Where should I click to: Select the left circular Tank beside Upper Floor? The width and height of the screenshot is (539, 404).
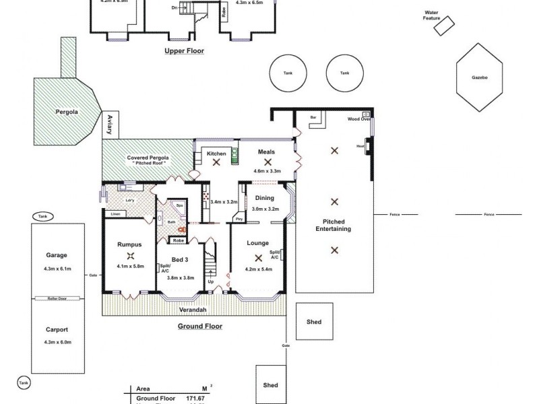pos(288,73)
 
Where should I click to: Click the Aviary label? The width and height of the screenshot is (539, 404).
pos(108,127)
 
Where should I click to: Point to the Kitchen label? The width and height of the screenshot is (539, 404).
pos(216,154)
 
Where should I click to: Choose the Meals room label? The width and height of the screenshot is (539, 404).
pos(267,152)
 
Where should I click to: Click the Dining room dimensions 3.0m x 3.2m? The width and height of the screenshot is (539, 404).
pos(265,209)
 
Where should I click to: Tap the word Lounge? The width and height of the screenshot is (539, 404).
pos(257,243)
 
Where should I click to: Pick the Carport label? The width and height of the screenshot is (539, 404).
pos(57,331)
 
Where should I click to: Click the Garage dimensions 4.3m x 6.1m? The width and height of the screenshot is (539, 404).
pos(57,269)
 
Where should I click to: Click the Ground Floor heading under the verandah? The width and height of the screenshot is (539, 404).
pos(199,327)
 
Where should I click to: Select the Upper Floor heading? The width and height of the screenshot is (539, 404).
pos(184,50)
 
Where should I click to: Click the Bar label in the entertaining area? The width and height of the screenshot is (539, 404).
pos(313,117)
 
